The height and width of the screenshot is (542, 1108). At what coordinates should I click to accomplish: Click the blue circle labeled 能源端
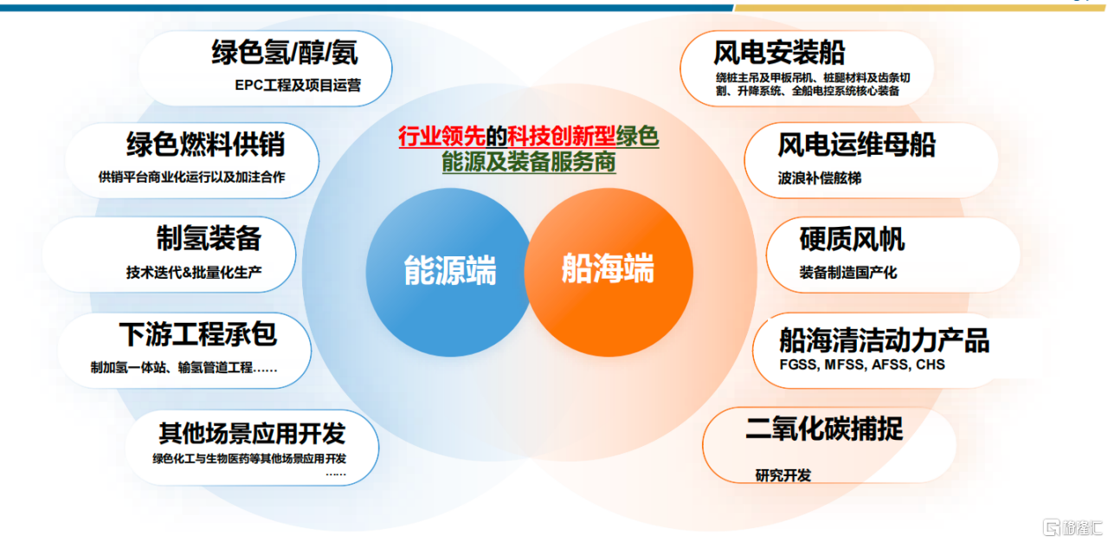[449, 272]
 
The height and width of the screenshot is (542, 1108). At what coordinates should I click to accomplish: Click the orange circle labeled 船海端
[609, 272]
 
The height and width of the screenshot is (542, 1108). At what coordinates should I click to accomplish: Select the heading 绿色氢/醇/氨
[285, 53]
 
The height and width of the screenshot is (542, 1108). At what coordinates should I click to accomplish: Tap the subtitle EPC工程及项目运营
[298, 85]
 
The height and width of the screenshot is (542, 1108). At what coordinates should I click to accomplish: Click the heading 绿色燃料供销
[206, 145]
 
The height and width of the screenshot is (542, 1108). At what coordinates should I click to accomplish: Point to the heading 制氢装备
[209, 238]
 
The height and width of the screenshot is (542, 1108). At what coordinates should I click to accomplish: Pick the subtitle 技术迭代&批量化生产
[194, 272]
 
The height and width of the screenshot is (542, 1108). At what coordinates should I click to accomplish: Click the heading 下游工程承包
[198, 334]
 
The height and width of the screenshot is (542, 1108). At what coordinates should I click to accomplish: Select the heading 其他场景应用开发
[252, 433]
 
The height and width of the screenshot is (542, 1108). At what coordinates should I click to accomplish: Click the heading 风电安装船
[779, 53]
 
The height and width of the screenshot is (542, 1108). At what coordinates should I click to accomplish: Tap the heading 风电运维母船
[857, 145]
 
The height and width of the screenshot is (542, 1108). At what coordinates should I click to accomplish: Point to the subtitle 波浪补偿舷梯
[820, 178]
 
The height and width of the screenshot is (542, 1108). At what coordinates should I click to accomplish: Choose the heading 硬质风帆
[852, 239]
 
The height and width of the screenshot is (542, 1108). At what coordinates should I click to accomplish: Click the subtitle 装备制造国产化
[847, 273]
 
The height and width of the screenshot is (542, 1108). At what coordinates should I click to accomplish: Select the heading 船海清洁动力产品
[885, 340]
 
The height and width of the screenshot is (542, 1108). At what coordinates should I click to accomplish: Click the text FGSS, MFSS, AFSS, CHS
[862, 365]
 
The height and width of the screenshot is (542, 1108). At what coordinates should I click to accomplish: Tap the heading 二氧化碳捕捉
[824, 429]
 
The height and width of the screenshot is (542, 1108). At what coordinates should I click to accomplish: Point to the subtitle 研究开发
[783, 475]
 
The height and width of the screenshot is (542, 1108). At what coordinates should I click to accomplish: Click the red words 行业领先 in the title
[441, 137]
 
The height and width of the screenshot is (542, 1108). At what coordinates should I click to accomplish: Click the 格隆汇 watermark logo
[1073, 527]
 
